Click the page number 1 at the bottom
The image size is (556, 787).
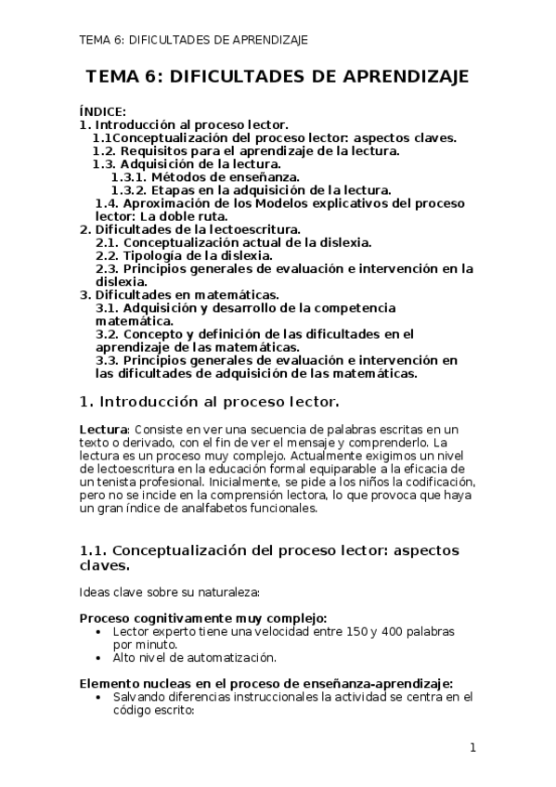pos(472,748)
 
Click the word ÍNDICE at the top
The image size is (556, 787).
pos(102,111)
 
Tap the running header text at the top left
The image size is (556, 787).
pos(194,40)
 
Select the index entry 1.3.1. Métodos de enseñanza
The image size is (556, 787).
pos(205,176)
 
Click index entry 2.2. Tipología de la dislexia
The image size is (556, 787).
pos(184,255)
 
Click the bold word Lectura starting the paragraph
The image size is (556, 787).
pos(102,430)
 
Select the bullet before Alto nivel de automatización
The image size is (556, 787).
pos(100,658)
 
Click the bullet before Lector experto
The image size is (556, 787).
pos(100,631)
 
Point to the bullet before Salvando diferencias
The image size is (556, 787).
pos(100,697)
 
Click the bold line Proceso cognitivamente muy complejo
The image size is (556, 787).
pos(202,618)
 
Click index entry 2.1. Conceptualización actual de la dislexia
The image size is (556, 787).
pos(234,242)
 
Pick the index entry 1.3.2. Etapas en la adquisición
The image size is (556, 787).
pos(245,189)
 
